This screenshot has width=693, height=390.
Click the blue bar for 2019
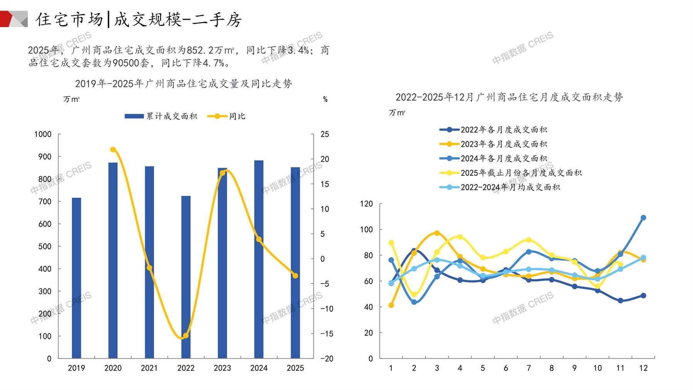pos(76,278)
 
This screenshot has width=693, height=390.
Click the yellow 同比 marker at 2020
pos(113,149)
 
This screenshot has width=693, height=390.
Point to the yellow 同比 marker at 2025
pos(295,276)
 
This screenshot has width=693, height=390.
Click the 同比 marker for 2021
pos(150,268)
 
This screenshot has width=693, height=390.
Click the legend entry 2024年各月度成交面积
pos(504,158)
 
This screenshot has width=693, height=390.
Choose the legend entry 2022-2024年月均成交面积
pos(510,187)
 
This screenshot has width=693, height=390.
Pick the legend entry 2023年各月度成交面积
pos(504,144)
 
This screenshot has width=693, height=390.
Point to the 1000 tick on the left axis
pos(43,134)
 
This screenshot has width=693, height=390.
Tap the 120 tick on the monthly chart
pos(366,203)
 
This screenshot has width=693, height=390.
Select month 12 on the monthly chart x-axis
pos(643,368)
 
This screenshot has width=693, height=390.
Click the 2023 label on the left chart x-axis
pos(222,368)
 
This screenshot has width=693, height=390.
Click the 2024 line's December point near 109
pos(643,218)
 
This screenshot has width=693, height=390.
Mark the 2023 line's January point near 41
pos(391,305)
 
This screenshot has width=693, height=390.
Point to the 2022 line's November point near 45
pos(620,300)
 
